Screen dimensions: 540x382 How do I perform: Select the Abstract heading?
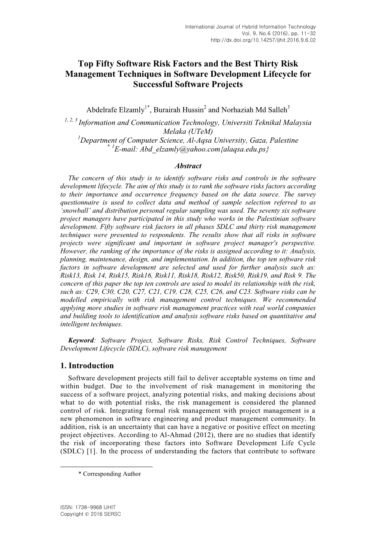(x=188, y=166)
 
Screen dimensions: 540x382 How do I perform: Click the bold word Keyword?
(x=81, y=340)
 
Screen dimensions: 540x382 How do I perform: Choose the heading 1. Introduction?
(x=87, y=366)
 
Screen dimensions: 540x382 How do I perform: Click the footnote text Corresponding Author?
(x=112, y=474)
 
